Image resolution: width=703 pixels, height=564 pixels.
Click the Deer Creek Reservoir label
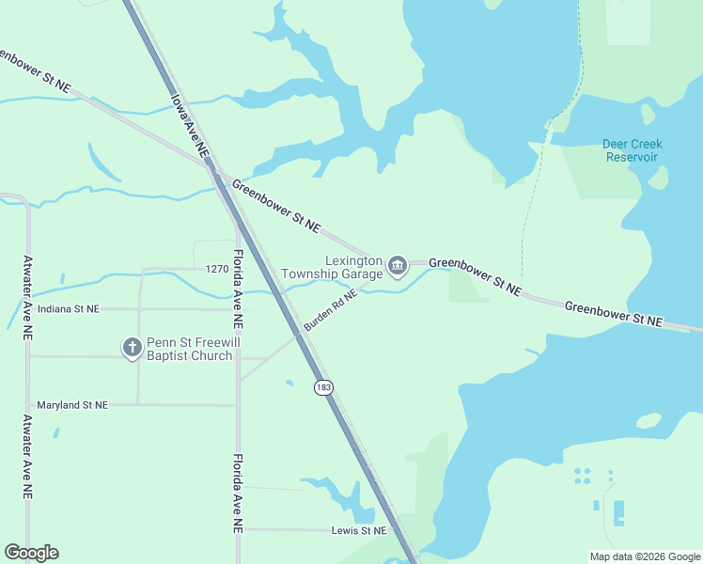coord(632,150)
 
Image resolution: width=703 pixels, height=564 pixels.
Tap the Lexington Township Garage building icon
coord(398,267)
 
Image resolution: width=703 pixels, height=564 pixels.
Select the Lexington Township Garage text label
coord(353,267)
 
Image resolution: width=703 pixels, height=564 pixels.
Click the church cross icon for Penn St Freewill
coord(132,349)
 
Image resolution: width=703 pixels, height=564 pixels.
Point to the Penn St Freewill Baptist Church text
coord(189,349)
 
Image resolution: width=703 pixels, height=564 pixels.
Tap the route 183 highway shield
coord(324,387)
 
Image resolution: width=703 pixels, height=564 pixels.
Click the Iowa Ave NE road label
coord(189,122)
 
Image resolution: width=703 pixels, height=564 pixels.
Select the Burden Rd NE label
coord(330,309)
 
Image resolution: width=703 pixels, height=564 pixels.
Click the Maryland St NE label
coord(72,405)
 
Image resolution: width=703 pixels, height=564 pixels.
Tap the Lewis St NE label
coord(359,531)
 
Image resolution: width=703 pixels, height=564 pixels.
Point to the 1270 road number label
coord(217,269)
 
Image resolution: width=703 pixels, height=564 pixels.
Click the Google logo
coord(31,553)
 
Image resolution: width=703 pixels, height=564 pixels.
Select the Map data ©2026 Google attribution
coord(645,556)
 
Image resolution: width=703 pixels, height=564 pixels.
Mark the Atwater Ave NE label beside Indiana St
coord(28,297)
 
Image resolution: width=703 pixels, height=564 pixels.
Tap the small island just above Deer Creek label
coord(647,114)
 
